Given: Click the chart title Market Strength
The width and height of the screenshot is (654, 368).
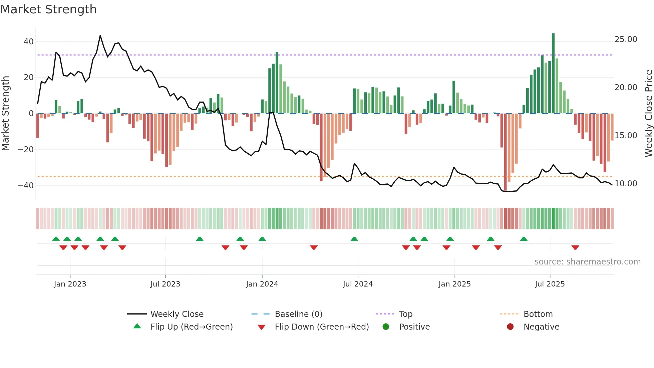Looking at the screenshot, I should pyautogui.click(x=48, y=9).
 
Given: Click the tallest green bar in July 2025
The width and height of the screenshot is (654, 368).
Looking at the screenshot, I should pyautogui.click(x=553, y=73).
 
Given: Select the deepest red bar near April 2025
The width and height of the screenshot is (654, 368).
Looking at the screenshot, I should pyautogui.click(x=505, y=152).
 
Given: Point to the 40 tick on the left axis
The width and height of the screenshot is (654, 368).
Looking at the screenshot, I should pyautogui.click(x=29, y=42).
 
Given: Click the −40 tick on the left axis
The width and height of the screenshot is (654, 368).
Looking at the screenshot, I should pyautogui.click(x=26, y=185).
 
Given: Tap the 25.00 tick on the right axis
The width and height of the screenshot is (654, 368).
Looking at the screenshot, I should pyautogui.click(x=626, y=39).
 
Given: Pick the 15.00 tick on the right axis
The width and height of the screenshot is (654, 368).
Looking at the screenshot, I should pyautogui.click(x=626, y=136).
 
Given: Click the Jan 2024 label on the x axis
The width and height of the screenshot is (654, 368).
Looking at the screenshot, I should pyautogui.click(x=262, y=284).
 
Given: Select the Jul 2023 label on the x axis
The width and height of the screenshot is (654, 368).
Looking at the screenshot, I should pyautogui.click(x=165, y=284).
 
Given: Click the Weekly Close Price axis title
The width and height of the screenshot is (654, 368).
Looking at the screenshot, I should pyautogui.click(x=648, y=114).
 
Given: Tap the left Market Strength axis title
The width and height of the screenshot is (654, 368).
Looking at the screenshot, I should pyautogui.click(x=5, y=114).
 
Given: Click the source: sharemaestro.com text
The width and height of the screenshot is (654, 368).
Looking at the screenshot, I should pyautogui.click(x=587, y=262).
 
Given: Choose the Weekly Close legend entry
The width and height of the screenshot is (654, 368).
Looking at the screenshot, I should pyautogui.click(x=177, y=314).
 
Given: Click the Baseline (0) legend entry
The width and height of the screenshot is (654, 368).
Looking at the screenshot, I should pyautogui.click(x=298, y=314).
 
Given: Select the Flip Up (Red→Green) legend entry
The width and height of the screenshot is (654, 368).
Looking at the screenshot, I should pyautogui.click(x=191, y=327).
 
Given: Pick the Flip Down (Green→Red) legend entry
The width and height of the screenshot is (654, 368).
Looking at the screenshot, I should pyautogui.click(x=322, y=327).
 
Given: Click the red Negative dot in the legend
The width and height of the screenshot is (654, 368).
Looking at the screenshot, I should pyautogui.click(x=510, y=327).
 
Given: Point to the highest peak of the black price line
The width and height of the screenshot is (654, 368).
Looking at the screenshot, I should pyautogui.click(x=100, y=36).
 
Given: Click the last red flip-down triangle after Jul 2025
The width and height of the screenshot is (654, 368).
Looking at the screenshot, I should pyautogui.click(x=575, y=247).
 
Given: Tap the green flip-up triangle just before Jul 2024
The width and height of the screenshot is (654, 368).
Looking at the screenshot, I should pyautogui.click(x=354, y=239).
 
